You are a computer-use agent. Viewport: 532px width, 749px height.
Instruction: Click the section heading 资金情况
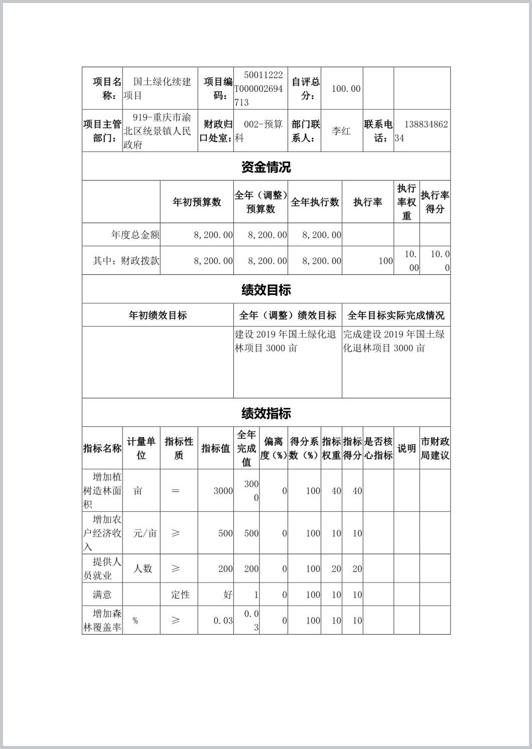(266, 167)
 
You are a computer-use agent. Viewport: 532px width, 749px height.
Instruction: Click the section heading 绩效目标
(266, 289)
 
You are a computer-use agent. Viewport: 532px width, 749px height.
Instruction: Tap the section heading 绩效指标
(266, 413)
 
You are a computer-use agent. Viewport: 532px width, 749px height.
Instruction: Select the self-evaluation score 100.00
(346, 89)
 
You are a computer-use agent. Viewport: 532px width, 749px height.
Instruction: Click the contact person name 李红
(341, 131)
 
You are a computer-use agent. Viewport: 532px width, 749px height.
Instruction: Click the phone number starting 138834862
(422, 131)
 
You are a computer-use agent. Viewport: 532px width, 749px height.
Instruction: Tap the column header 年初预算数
(197, 202)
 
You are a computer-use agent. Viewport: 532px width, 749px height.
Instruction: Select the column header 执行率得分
(435, 202)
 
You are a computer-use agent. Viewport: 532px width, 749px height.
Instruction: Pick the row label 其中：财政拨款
(126, 261)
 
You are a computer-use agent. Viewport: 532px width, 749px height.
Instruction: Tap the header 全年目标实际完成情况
(396, 315)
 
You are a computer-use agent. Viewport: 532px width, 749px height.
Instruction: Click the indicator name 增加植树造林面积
(102, 491)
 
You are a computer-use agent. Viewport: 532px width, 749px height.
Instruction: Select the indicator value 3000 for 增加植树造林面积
(223, 491)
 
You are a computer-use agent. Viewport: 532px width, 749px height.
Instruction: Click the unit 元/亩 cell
(145, 533)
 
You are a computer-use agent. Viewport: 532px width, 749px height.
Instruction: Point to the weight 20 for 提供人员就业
(336, 568)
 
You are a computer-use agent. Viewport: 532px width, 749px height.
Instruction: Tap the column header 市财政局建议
(435, 448)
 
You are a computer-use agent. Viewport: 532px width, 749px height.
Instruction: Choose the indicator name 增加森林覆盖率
(102, 620)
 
